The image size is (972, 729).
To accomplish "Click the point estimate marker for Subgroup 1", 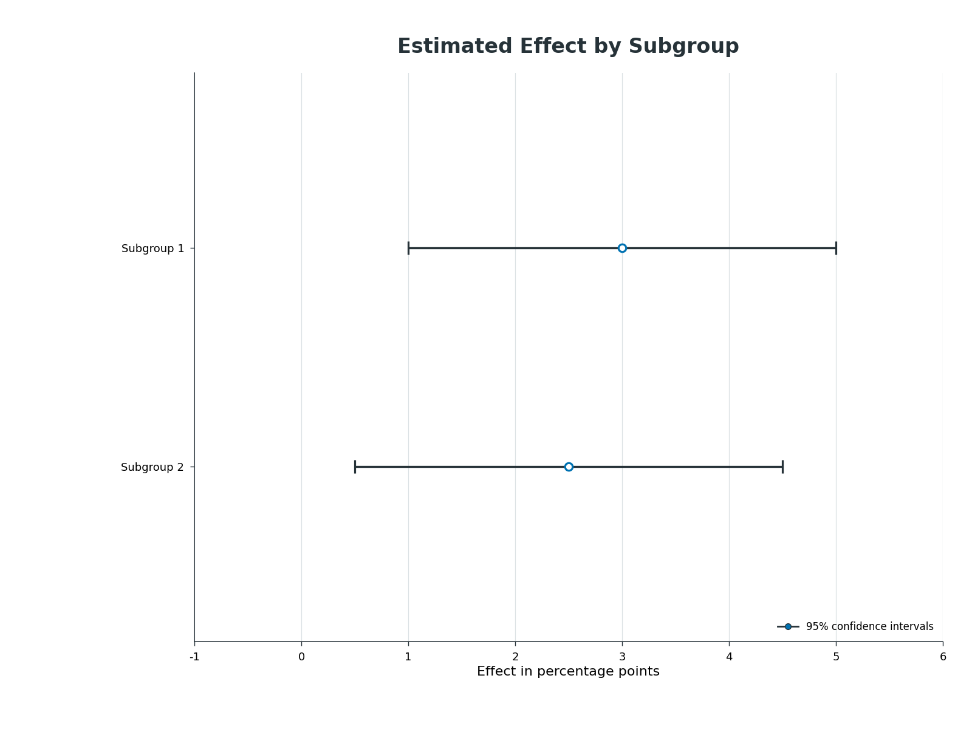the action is (621, 248).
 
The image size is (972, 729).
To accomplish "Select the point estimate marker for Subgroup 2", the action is (569, 467).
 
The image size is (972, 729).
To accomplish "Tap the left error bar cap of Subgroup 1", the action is (408, 248).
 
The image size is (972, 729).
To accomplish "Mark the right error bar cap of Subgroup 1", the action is (836, 248).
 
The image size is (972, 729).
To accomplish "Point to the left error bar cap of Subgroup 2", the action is (355, 467).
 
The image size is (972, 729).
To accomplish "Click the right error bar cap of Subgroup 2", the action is (782, 467).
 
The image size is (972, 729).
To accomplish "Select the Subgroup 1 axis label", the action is (152, 248).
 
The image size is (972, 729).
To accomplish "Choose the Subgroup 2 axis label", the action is (152, 467).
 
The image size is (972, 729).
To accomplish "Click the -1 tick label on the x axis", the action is (194, 657).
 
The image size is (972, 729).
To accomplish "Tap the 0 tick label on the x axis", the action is (301, 657).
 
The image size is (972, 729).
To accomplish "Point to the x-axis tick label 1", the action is (408, 657).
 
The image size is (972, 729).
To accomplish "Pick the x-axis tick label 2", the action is (515, 657).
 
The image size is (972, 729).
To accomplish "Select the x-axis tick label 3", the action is (622, 657).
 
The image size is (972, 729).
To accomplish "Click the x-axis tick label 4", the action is (730, 657).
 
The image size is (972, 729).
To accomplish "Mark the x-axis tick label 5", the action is (836, 657).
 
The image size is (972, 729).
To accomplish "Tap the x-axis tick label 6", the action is (943, 657).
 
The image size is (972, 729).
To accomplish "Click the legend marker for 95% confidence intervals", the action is (788, 627).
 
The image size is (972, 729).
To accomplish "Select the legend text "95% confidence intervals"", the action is (870, 627).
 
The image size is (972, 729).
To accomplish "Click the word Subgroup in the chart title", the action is (683, 47).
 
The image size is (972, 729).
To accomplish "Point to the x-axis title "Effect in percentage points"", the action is (568, 671).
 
